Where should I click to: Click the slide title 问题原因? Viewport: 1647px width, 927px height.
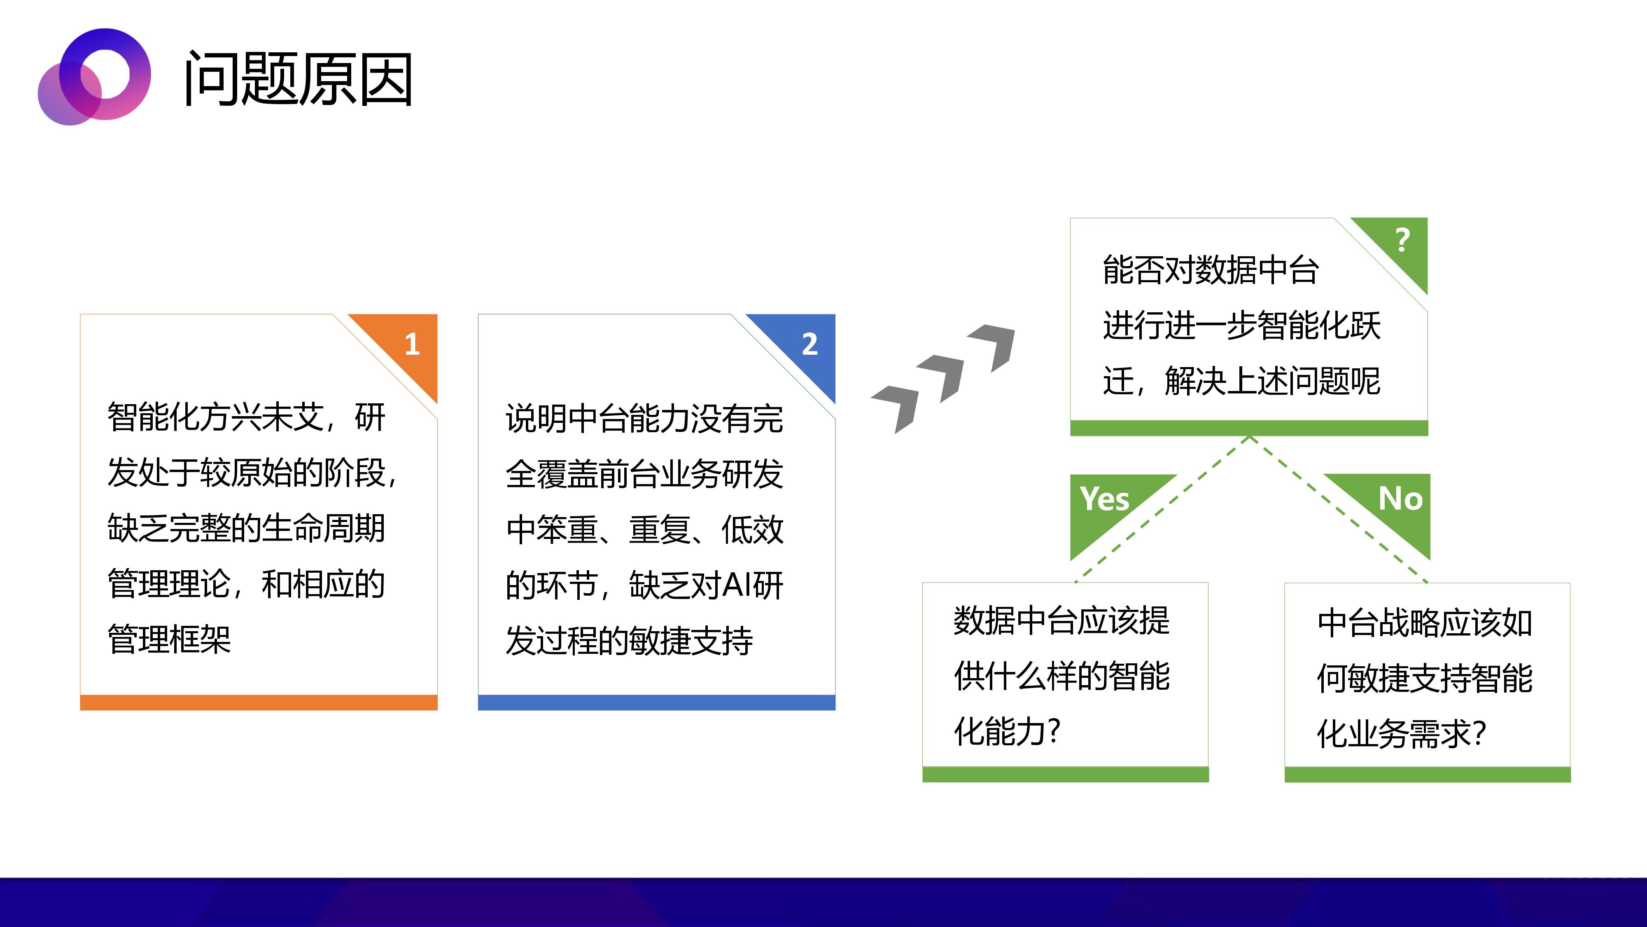click(298, 79)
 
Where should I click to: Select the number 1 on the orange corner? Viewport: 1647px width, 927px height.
click(413, 344)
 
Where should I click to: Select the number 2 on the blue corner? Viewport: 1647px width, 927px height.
click(810, 344)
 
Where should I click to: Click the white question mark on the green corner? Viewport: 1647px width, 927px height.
click(1403, 240)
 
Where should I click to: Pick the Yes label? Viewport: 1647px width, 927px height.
click(1104, 499)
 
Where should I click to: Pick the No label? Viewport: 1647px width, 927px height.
click(1400, 499)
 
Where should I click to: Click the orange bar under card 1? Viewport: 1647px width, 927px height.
click(258, 702)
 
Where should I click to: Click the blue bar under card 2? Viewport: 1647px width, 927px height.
click(657, 702)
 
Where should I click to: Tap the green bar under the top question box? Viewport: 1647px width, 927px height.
click(1249, 428)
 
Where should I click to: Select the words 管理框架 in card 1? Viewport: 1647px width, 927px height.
click(169, 639)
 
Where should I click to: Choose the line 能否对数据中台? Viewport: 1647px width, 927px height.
click(1210, 269)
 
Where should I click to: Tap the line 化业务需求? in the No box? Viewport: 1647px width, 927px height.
click(1402, 733)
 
